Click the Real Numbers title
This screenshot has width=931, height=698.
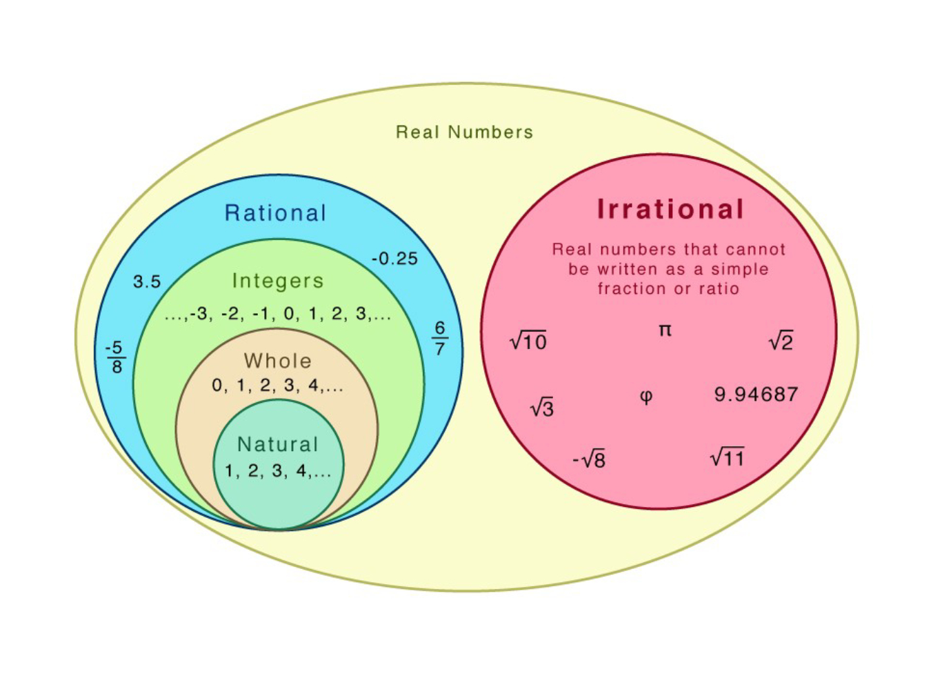pyautogui.click(x=464, y=132)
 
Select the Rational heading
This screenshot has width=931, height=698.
pyautogui.click(x=275, y=213)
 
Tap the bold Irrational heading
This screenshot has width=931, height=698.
pyautogui.click(x=670, y=209)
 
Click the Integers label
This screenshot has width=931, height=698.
pyautogui.click(x=278, y=281)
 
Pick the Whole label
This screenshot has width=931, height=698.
pyautogui.click(x=277, y=361)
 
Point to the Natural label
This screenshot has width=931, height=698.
pyautogui.click(x=278, y=444)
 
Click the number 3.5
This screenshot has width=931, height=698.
pyautogui.click(x=147, y=281)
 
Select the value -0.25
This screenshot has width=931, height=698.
pyautogui.click(x=394, y=259)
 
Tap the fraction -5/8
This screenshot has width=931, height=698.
pyautogui.click(x=115, y=357)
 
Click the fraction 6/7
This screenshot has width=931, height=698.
pyautogui.click(x=439, y=338)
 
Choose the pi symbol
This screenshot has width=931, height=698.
pyautogui.click(x=665, y=330)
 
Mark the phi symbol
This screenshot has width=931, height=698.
pyautogui.click(x=646, y=397)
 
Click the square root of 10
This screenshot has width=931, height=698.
pyautogui.click(x=528, y=341)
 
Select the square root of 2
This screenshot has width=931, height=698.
pyautogui.click(x=781, y=341)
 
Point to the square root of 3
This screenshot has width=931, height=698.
pyautogui.click(x=542, y=408)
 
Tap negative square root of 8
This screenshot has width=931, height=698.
pyautogui.click(x=589, y=459)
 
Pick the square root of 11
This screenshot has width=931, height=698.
pyautogui.click(x=727, y=457)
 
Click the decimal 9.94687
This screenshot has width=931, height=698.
pyautogui.click(x=756, y=395)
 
